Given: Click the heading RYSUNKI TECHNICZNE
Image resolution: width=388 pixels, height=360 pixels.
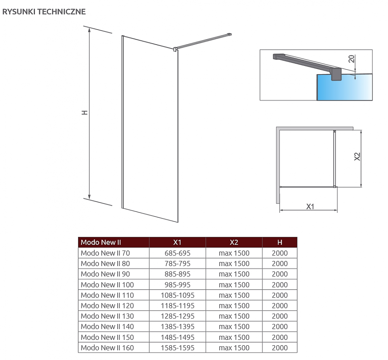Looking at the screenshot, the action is tap(44, 12).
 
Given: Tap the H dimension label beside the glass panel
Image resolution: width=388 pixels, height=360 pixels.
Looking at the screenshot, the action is tap(85, 112).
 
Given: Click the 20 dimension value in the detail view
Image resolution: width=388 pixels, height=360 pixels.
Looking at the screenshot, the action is tap(352, 59).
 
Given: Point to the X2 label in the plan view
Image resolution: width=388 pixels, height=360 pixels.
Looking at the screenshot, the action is tap(357, 157).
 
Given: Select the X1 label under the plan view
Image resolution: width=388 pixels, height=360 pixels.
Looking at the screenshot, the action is tap(310, 206).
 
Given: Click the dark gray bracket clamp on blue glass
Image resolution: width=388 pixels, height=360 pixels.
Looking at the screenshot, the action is tap(336, 74).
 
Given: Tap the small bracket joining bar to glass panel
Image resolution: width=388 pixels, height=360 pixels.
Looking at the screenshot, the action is tap(175, 49).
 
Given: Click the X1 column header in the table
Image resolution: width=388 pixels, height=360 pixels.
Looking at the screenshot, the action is tap(177, 242).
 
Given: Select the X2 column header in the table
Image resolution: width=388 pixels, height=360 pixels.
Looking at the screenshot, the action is tap(234, 242).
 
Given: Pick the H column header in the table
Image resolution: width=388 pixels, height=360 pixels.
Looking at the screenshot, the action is tap(280, 242).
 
